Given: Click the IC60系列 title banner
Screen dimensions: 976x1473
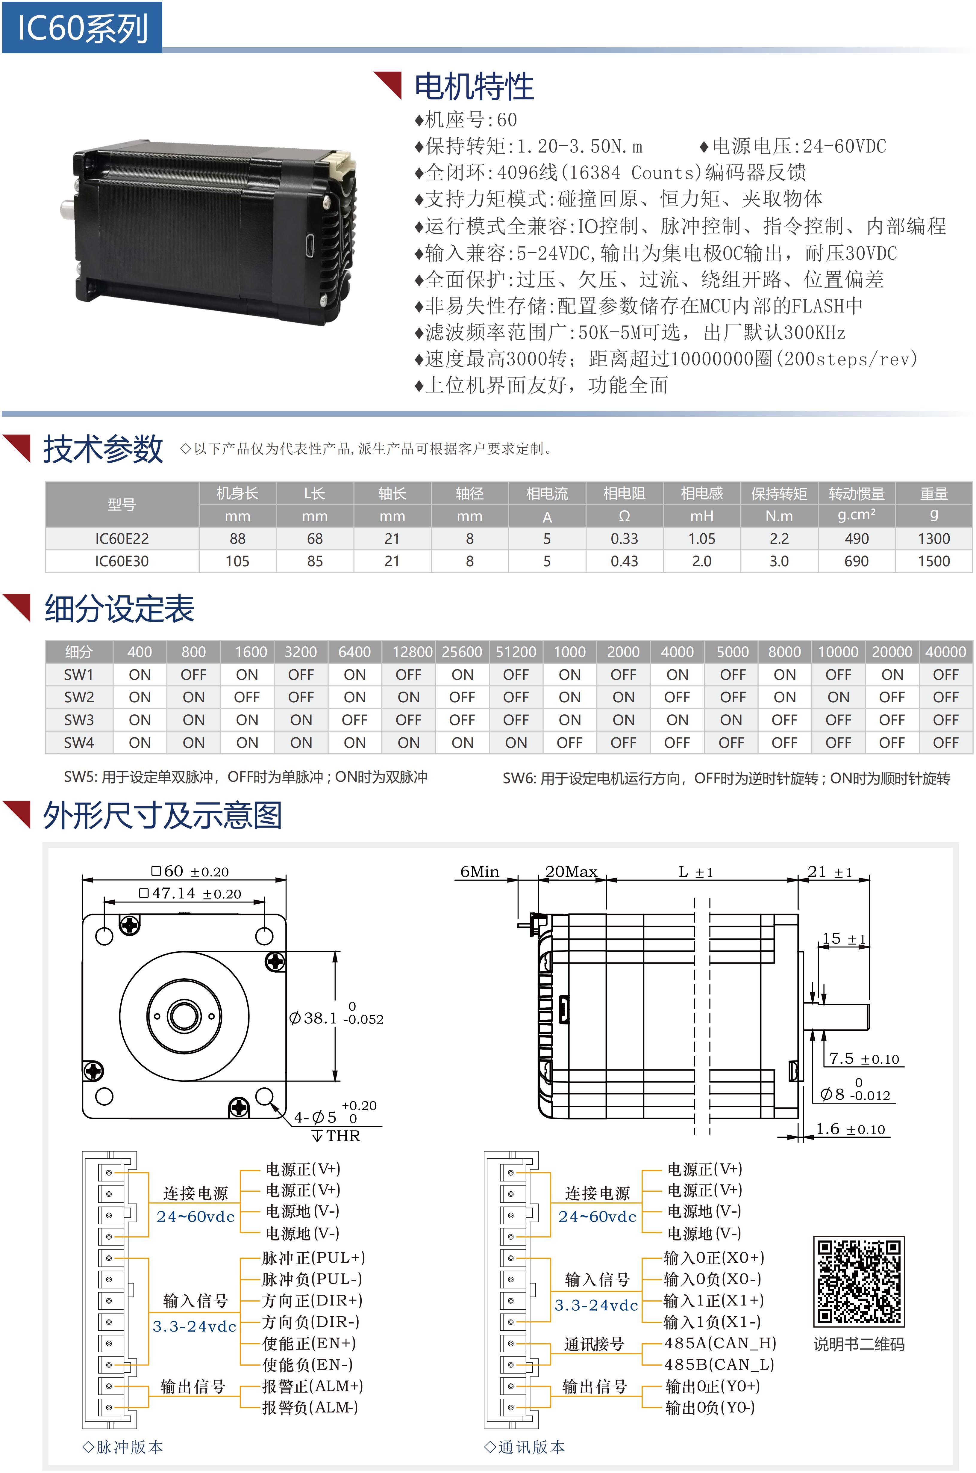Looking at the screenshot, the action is tap(82, 27).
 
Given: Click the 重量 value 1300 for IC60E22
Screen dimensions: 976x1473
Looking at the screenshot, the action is tap(934, 539).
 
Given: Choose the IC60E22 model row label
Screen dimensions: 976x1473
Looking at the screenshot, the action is tap(122, 539).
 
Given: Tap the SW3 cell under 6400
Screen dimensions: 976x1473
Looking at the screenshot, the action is tap(355, 720).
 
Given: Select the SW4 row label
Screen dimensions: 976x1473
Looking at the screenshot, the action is tap(79, 742).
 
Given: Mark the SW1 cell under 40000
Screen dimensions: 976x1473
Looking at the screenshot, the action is tap(945, 674).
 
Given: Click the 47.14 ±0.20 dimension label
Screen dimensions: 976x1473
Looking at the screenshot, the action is tap(190, 893).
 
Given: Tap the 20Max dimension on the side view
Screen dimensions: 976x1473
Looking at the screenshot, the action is tap(572, 871).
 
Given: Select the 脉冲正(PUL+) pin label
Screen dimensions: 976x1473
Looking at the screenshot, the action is tap(313, 1258).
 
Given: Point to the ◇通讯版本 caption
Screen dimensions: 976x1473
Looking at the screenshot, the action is tap(525, 1447).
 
